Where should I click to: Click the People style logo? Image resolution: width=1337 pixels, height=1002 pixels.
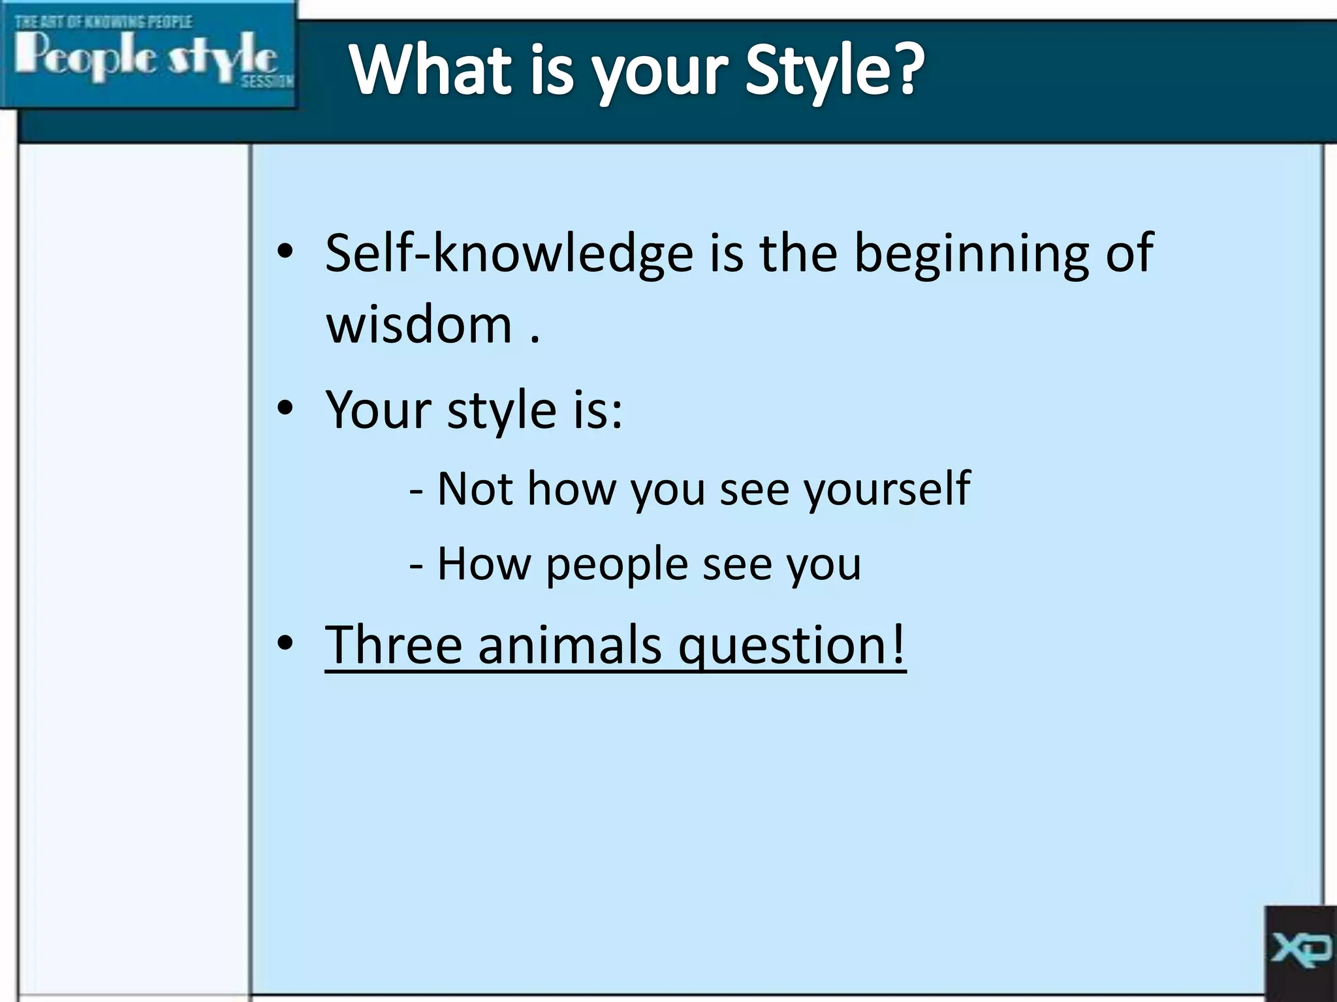click(x=147, y=55)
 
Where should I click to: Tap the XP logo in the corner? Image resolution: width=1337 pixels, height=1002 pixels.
click(x=1300, y=949)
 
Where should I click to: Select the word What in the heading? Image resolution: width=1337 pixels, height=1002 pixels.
click(x=431, y=70)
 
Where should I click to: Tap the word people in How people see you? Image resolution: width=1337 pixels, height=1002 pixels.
click(x=617, y=565)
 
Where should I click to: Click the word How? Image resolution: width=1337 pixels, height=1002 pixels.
click(x=484, y=564)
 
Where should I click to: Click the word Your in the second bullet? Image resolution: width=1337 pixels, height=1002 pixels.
click(x=379, y=410)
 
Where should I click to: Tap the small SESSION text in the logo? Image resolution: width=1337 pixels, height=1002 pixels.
click(x=267, y=82)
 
